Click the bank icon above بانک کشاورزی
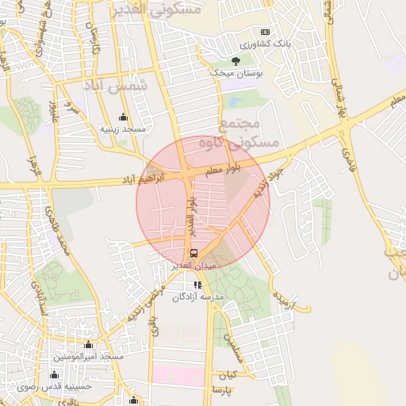[x=264, y=31]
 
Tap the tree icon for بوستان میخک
[x=235, y=60]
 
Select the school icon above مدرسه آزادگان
[x=197, y=285]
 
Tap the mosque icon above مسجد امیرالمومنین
[x=88, y=345]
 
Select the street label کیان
[x=229, y=373]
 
